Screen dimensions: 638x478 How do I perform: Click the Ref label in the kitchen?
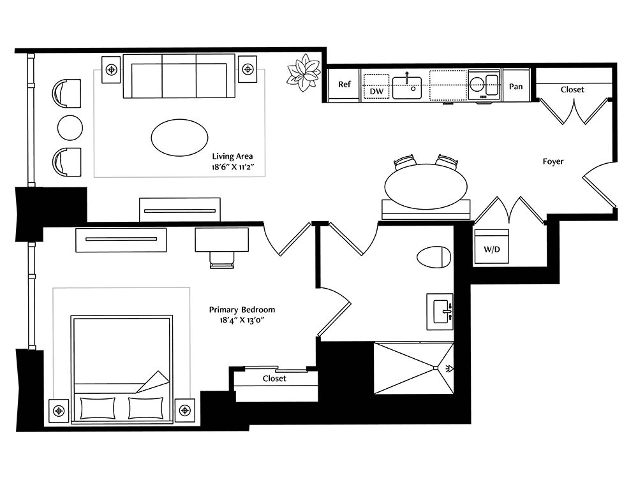(x=345, y=84)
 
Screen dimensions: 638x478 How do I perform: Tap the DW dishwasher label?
(x=376, y=91)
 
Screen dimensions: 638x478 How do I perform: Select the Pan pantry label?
(x=516, y=86)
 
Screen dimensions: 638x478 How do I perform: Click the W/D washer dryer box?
(x=491, y=247)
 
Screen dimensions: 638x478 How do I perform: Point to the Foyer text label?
(x=553, y=161)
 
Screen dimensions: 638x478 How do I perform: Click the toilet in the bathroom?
(x=434, y=257)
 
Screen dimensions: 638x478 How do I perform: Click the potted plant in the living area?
(x=303, y=73)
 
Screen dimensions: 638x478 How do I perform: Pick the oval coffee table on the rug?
(x=179, y=138)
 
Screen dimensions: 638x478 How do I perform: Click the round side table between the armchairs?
(x=70, y=127)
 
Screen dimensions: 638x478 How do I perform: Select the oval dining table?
(x=426, y=187)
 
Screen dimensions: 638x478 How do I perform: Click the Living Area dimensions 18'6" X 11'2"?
(x=233, y=166)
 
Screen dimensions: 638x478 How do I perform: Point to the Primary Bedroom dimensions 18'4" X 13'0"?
(x=242, y=320)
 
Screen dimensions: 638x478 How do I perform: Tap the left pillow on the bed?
(x=98, y=408)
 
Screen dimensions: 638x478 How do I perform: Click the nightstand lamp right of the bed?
(x=185, y=410)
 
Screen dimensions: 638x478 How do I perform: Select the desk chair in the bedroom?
(x=222, y=260)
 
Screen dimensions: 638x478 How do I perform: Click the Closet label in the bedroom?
(x=274, y=379)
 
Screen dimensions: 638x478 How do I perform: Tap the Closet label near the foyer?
(x=572, y=89)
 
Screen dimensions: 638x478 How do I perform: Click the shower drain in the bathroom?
(x=436, y=368)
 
